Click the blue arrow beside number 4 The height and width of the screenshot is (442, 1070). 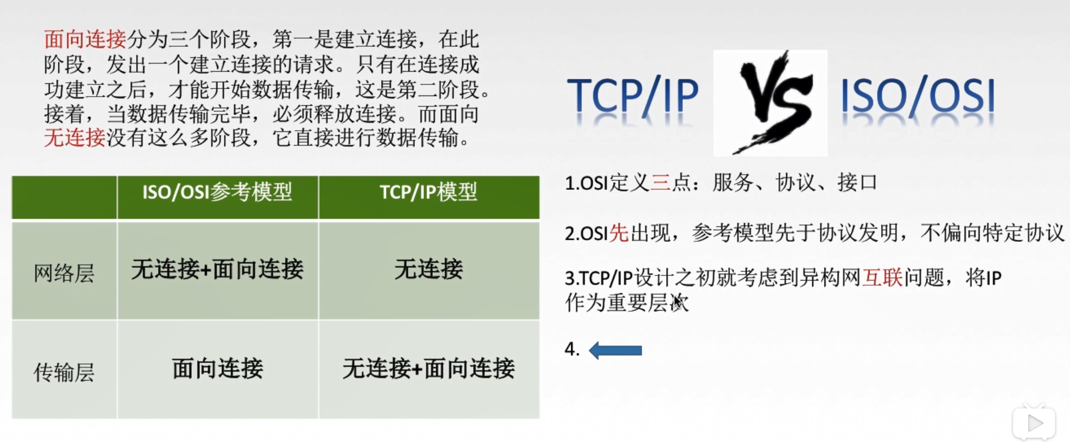(x=615, y=350)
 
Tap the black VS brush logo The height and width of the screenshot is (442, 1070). (x=770, y=102)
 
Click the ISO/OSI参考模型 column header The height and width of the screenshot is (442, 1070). (x=217, y=192)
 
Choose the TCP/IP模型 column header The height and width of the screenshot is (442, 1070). (x=428, y=192)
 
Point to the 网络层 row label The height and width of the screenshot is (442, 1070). (x=64, y=272)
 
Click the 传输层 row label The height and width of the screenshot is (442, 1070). (x=64, y=372)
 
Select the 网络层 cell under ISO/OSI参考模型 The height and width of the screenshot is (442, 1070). (x=217, y=270)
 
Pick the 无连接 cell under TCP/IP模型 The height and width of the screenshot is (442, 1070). (x=428, y=270)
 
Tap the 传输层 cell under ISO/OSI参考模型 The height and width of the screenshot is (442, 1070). (x=217, y=369)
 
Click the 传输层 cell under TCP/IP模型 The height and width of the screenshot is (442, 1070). (x=428, y=369)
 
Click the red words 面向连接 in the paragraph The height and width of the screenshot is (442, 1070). (x=85, y=39)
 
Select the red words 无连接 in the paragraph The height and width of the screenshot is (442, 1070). (x=74, y=138)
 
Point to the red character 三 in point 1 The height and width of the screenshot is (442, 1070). (x=660, y=183)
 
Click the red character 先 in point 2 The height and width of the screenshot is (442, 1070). (x=619, y=233)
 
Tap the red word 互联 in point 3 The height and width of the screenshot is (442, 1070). (x=882, y=278)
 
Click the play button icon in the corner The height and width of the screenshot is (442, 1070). (x=1034, y=423)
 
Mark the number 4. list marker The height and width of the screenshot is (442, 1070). (x=572, y=349)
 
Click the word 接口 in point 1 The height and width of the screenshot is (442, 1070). (x=857, y=183)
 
